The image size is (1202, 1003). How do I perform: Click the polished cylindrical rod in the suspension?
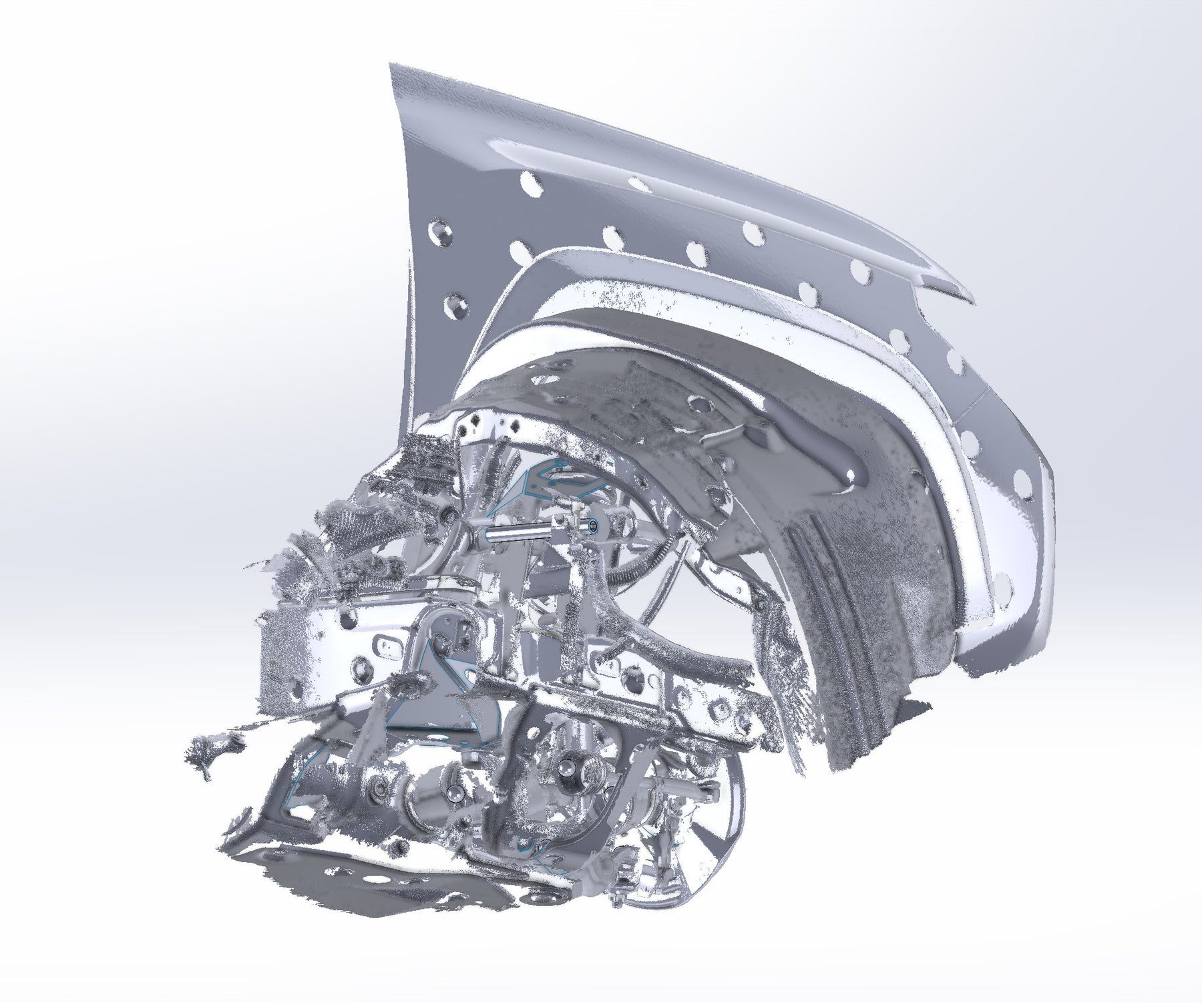click(514, 534)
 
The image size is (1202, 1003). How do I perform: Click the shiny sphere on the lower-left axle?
click(455, 794)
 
